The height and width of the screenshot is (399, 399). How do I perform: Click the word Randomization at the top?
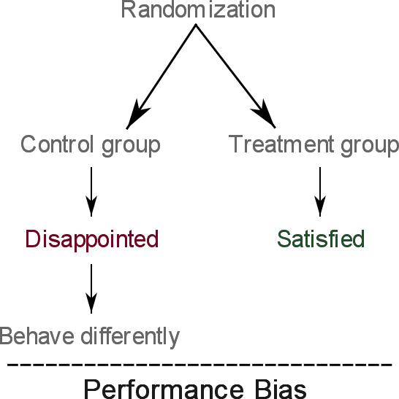pos(198,9)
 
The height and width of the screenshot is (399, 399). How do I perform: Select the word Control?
pos(57,144)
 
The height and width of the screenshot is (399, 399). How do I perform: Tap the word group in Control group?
pos(131,146)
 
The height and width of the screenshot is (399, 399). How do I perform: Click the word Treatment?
pos(281,144)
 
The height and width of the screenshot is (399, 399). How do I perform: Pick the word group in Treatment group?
pos(370,146)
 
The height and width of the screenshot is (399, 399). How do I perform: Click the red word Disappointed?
pos(92,240)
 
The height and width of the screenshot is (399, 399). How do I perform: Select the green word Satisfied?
pos(321,239)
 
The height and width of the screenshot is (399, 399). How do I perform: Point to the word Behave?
pos(37,336)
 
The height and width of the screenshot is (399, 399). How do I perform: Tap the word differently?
pos(130,338)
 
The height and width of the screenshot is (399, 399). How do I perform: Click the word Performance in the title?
pos(164,390)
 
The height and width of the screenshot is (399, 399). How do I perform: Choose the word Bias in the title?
pos(280,390)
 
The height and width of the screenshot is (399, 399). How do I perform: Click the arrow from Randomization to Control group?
pos(161,77)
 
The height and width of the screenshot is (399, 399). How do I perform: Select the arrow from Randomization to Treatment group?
pos(235,76)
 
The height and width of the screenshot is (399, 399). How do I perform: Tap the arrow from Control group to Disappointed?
pos(91,192)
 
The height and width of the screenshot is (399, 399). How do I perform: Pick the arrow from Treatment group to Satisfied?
pos(320,192)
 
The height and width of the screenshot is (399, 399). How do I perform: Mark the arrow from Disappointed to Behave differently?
pos(91,289)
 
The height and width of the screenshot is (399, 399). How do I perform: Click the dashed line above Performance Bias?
pos(199,365)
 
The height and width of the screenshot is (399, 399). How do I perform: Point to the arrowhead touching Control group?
pos(137,115)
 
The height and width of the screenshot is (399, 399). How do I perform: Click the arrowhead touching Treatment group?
pos(265,114)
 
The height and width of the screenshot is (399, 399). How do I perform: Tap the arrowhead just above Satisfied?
pos(320,206)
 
